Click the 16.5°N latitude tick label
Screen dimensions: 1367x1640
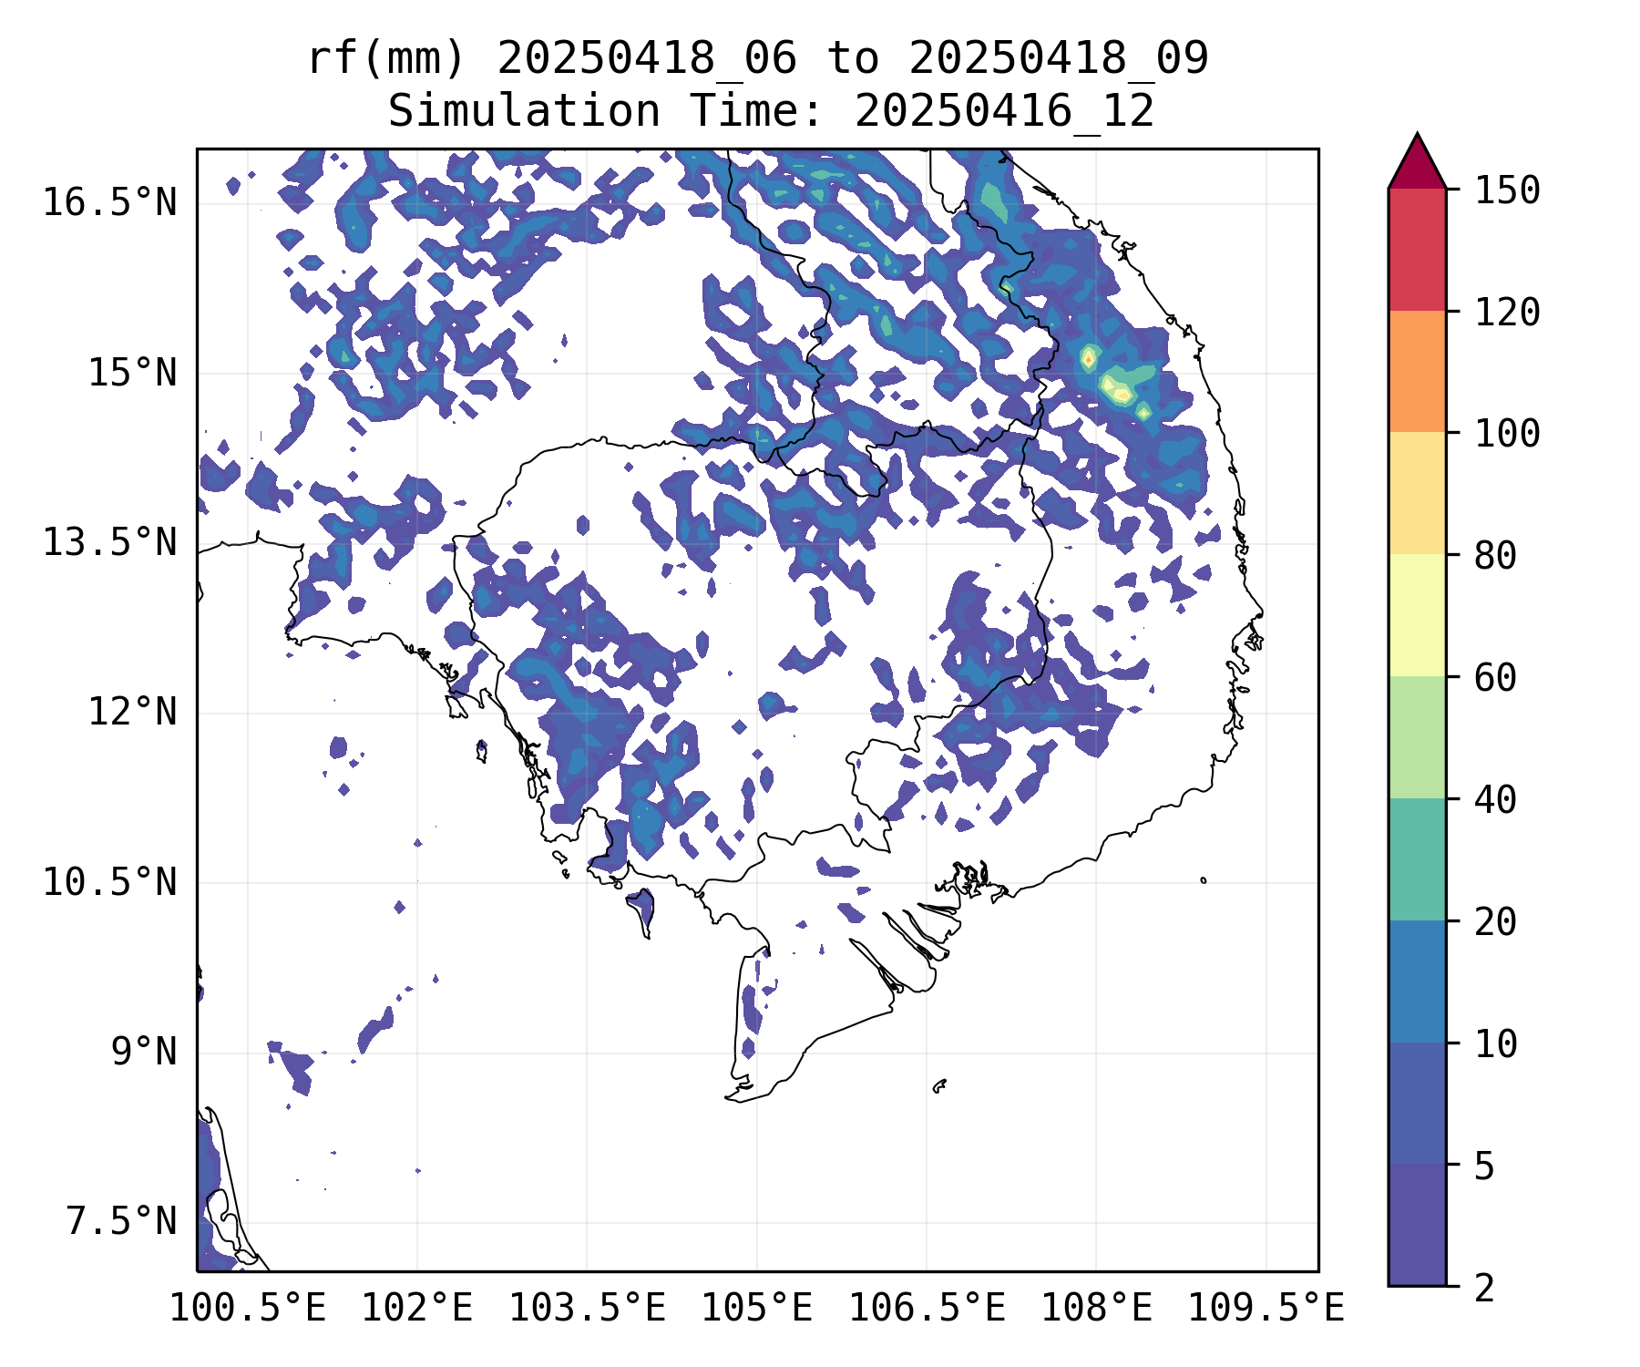[109, 202]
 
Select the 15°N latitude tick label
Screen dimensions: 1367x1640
[132, 373]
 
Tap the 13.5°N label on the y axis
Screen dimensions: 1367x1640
[109, 542]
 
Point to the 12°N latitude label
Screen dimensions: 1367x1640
[132, 712]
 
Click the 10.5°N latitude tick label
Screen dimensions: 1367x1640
[109, 882]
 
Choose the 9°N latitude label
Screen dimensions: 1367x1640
[144, 1052]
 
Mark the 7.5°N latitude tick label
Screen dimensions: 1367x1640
[121, 1222]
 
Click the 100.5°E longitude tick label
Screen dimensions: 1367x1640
[248, 1309]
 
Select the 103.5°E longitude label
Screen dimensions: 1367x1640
[587, 1309]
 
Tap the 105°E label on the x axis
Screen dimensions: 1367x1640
[756, 1309]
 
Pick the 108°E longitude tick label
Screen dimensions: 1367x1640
[1096, 1309]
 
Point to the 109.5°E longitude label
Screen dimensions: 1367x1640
[1266, 1309]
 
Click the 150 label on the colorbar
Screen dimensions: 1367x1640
[1507, 190]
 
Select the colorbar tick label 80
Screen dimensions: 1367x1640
[1495, 555]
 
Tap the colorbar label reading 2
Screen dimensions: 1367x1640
[1484, 1288]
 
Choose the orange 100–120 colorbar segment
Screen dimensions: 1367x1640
[1417, 371]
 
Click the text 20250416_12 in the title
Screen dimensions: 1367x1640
[1004, 112]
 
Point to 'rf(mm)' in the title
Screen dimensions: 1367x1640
[386, 59]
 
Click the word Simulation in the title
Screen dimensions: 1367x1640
[524, 112]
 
